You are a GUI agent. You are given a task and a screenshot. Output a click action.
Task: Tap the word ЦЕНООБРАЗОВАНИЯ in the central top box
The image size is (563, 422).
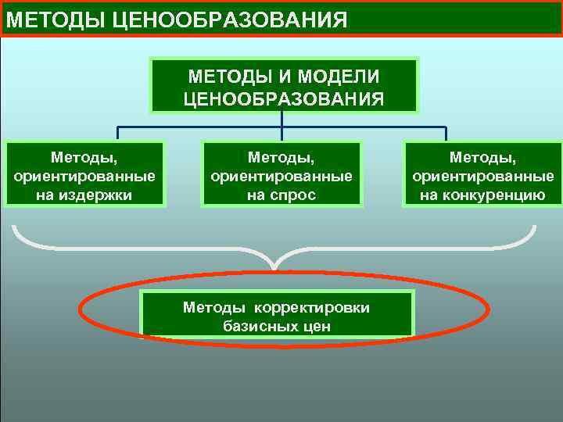click(283, 98)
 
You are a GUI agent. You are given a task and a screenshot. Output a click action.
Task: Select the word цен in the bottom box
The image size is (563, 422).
click(316, 326)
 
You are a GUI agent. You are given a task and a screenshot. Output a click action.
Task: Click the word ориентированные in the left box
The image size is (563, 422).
click(84, 177)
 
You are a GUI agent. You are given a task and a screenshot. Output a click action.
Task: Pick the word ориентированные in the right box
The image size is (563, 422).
click(482, 177)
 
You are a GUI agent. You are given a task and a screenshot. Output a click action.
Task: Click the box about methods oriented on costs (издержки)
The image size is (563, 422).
click(84, 173)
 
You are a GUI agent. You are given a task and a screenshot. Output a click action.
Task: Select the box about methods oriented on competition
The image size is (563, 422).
click(482, 173)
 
